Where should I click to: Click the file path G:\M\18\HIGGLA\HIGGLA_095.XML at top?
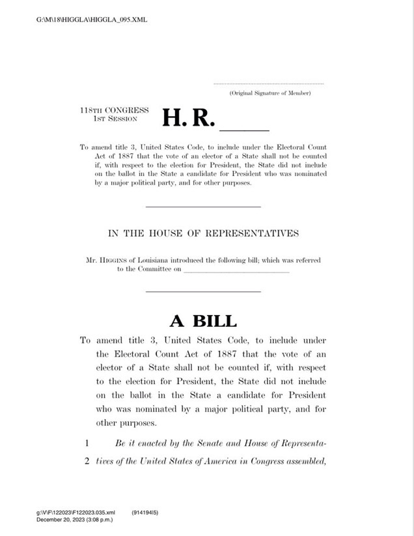tap(92, 20)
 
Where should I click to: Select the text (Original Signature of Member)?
tap(269, 94)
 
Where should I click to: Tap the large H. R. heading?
tap(187, 117)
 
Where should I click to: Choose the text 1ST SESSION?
tap(111, 119)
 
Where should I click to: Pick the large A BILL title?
tap(203, 320)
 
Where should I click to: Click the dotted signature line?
tap(268, 84)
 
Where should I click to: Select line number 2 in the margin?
tap(85, 461)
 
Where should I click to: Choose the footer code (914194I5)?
tap(145, 513)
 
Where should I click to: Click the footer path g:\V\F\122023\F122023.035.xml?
tap(76, 513)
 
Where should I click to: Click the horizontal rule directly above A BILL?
tap(203, 291)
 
